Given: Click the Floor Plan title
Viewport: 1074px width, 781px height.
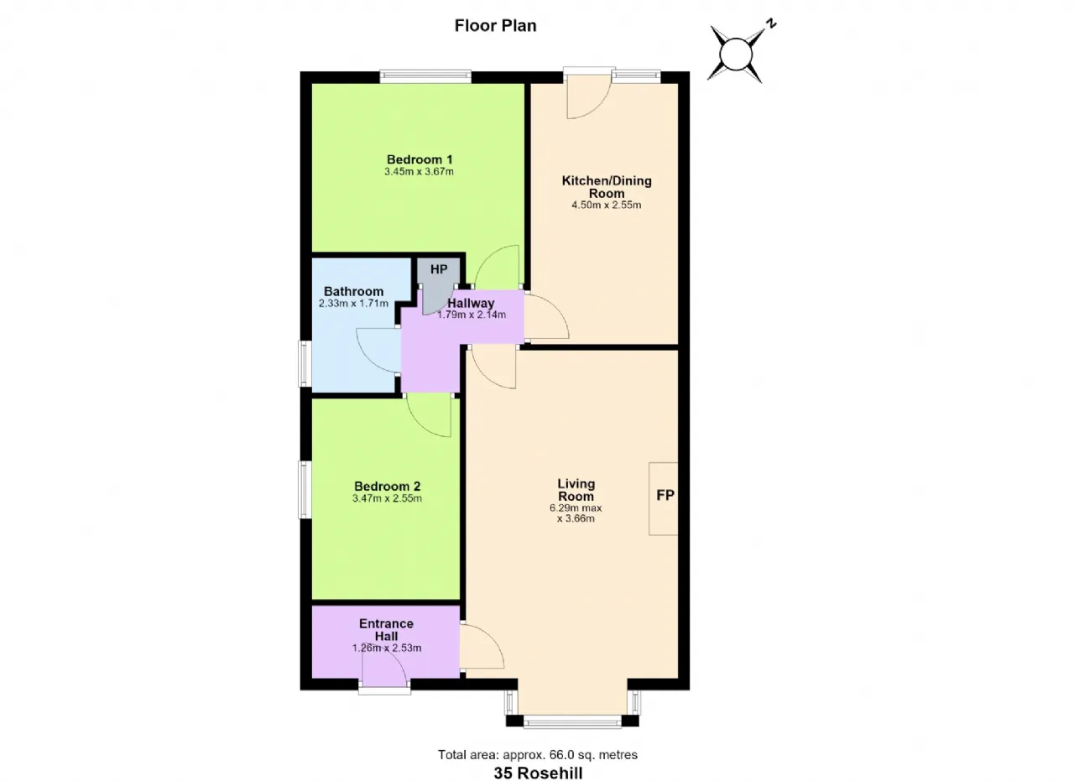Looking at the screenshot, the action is (495, 25).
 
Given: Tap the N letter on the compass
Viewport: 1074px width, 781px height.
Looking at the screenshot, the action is (771, 23).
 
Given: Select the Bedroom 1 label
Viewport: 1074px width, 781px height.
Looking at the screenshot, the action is (420, 159).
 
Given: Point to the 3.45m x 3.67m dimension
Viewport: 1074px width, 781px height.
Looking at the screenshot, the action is (419, 172).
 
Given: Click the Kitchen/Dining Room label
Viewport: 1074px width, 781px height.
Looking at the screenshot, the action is (607, 187).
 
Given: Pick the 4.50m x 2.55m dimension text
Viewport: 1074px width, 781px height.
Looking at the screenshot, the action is (606, 206).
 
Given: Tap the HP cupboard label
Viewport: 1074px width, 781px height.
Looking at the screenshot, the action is (439, 269).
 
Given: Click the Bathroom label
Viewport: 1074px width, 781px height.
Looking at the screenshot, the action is (354, 291).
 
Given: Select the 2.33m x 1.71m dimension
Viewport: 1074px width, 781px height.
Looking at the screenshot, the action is (353, 304).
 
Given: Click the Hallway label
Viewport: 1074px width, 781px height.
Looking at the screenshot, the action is (471, 303).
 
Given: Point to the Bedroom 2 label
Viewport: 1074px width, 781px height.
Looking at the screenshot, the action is (388, 487).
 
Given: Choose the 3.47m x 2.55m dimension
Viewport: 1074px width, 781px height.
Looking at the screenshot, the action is (387, 498).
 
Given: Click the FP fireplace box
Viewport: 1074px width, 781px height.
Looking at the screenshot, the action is (664, 498).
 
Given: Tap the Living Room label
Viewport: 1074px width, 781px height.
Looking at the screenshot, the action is (576, 490).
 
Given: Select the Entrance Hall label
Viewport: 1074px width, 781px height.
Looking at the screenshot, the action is (387, 630).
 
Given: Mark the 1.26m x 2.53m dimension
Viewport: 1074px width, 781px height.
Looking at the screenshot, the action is (387, 648).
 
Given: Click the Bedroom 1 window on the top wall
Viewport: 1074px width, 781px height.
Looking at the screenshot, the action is (425, 76).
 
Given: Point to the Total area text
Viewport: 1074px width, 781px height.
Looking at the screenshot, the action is (538, 755).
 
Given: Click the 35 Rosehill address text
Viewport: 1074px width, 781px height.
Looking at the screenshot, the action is (539, 773).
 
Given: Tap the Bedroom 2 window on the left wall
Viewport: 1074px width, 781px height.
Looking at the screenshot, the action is (305, 490).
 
